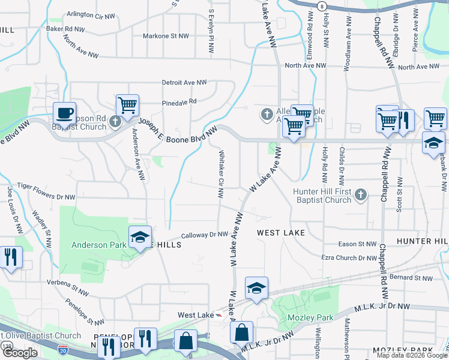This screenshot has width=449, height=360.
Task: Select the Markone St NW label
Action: click(166, 36)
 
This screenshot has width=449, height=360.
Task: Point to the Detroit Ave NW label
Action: click(184, 82)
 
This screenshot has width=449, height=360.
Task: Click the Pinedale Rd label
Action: click(179, 102)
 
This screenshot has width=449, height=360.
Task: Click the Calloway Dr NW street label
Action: click(205, 235)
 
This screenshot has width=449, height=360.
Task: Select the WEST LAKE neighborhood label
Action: click(281, 232)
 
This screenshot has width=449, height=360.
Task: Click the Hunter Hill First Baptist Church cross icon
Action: click(360, 194)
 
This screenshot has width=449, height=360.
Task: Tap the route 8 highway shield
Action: click(322, 5)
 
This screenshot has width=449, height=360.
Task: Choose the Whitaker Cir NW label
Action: click(221, 174)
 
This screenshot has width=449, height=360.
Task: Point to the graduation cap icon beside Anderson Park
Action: click(140, 238)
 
